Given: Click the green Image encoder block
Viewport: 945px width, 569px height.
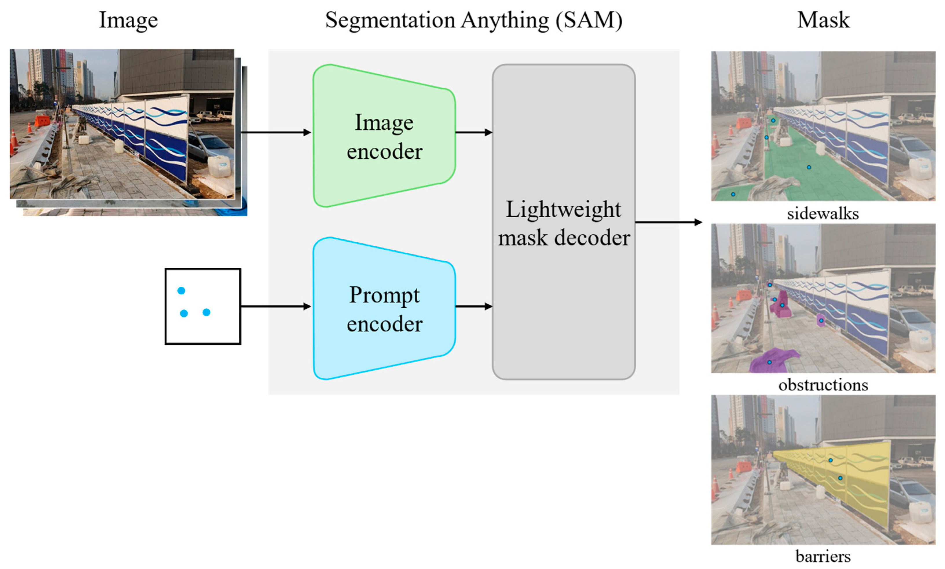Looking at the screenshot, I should click(x=383, y=136).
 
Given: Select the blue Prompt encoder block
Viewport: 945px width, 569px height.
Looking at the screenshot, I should click(x=383, y=309).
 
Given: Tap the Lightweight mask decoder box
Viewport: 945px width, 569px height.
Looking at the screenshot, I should click(x=563, y=222).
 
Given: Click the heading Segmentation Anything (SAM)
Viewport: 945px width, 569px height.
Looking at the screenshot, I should click(x=474, y=20).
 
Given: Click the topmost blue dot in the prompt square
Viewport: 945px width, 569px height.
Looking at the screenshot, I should click(x=181, y=291).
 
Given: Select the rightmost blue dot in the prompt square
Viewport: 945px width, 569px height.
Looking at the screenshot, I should click(x=206, y=312).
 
